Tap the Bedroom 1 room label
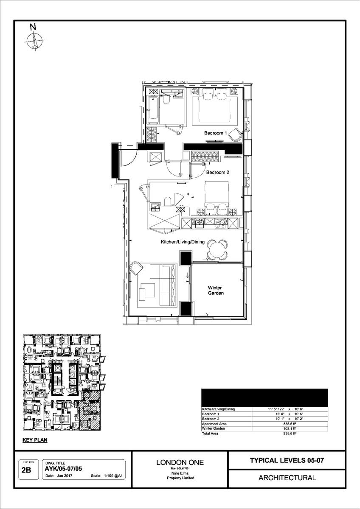click(215, 133)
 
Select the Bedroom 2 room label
click(218, 173)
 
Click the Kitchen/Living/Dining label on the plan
click(183, 242)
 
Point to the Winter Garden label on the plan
click(216, 290)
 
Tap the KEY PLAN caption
click(35, 440)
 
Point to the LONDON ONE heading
click(180, 462)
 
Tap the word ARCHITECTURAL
click(287, 478)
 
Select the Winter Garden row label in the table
click(214, 428)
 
